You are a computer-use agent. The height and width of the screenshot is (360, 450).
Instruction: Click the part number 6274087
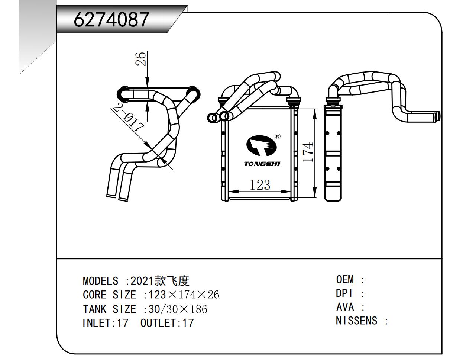coord(111,20)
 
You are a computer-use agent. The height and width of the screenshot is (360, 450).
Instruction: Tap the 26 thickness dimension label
coord(141,58)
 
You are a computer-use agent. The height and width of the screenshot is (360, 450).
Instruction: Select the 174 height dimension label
coord(308,152)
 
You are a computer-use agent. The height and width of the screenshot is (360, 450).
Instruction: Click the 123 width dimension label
coord(259,184)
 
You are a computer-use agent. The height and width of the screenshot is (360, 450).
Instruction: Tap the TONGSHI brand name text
coord(262,164)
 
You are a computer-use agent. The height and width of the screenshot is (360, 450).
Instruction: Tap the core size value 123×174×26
coord(184,295)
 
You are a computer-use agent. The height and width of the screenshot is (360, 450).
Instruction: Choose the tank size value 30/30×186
coord(178,309)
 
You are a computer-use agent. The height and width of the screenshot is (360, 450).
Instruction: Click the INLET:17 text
coord(105,323)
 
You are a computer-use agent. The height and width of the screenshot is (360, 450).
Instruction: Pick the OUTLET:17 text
coord(167,323)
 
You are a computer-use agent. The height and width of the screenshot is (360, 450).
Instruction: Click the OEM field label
coord(345,279)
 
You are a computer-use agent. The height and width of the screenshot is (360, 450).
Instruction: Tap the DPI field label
coord(344,293)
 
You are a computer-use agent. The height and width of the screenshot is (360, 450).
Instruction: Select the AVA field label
coord(345,307)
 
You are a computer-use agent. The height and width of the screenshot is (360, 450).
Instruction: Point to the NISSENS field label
coord(356,321)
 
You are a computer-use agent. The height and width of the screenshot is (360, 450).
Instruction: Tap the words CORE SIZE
coord(109,295)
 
